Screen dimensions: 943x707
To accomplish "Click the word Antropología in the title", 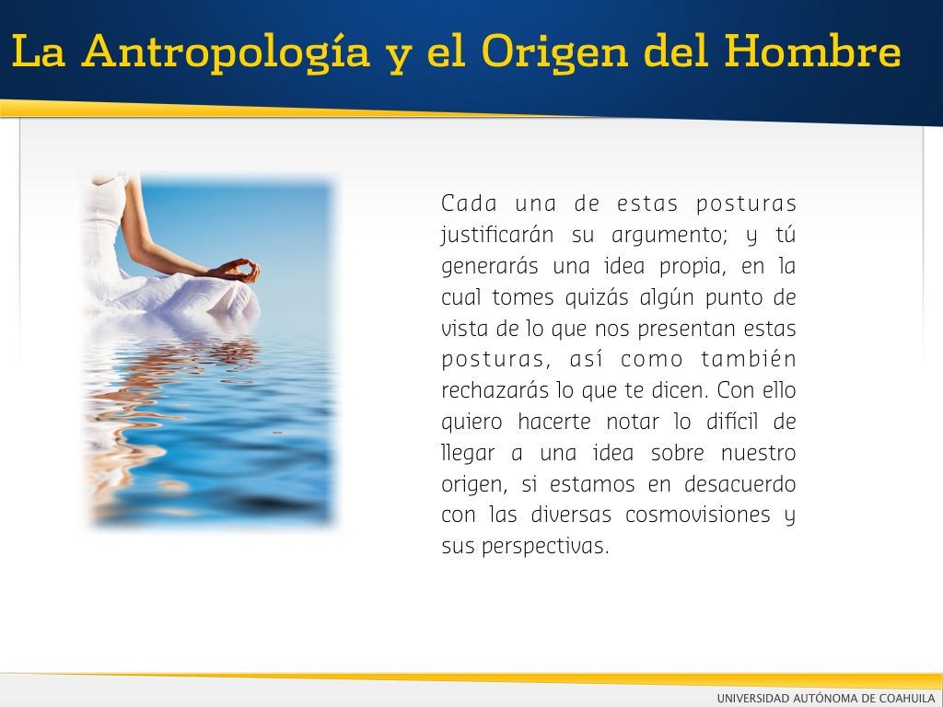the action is coord(227,52).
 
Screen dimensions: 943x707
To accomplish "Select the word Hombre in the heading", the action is coord(812,52).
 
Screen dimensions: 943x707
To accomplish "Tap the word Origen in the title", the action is coord(555,52).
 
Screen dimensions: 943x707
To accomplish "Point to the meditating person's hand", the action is coord(239,271).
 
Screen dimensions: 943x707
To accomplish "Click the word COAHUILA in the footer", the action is coord(906,698).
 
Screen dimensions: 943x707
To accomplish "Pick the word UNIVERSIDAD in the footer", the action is coord(753,698).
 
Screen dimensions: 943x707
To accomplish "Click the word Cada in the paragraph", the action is coord(469,203).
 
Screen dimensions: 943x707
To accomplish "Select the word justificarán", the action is coord(497,235).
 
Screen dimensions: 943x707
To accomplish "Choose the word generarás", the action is coord(490,266).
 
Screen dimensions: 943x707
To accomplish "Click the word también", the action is coord(749,359).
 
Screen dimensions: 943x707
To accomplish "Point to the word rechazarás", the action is coord(496,390).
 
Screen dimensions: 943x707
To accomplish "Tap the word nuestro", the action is coord(759,453).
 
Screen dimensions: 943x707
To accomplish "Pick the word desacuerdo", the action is coord(740,484).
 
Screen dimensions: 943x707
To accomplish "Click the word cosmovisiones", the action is coord(698,516).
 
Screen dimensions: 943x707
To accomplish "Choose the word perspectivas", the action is coord(545,547).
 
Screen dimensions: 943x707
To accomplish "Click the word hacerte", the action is coord(553,422).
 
